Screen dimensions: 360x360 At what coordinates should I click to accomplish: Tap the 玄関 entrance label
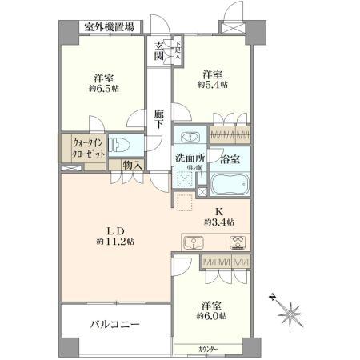click(160, 50)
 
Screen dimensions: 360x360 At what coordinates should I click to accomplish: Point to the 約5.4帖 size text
click(212, 83)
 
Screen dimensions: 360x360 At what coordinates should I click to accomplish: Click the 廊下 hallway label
click(160, 120)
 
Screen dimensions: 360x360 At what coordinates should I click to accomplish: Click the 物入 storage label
click(133, 165)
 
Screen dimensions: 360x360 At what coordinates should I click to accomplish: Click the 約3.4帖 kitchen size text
click(218, 222)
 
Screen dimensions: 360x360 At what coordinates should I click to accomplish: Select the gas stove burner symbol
click(238, 242)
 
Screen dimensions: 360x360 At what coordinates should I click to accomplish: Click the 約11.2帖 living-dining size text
click(115, 241)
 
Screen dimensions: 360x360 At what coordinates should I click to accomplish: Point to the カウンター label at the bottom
click(209, 349)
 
